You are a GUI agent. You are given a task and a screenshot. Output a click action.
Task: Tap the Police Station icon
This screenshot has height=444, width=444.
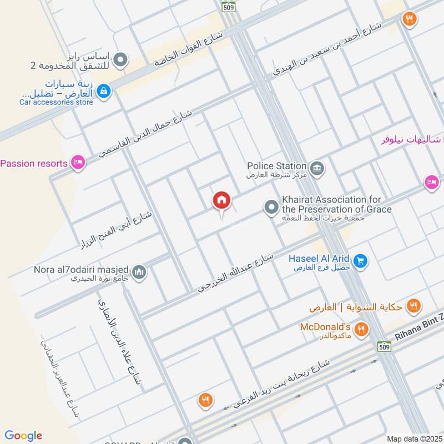pyautogui.click(x=317, y=168)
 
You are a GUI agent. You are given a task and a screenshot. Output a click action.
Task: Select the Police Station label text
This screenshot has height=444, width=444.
pyautogui.click(x=276, y=165)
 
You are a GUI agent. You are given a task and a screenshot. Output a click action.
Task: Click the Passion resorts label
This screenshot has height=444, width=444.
pyautogui.click(x=34, y=163)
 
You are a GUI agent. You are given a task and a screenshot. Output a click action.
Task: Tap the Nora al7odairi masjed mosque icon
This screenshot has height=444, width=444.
pyautogui.click(x=139, y=272)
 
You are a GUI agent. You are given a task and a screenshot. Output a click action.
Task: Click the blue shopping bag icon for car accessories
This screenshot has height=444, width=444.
pyautogui.click(x=103, y=92)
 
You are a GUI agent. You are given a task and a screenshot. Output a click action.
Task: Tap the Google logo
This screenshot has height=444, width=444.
pyautogui.click(x=23, y=436)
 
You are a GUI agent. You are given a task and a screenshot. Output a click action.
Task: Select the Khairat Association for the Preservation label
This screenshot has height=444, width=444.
pyautogui.click(x=336, y=204)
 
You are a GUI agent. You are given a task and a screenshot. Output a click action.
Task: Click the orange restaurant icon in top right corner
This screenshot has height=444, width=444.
pyautogui.click(x=410, y=19)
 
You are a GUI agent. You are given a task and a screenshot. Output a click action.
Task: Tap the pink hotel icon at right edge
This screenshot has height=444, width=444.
pyautogui.click(x=431, y=182)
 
